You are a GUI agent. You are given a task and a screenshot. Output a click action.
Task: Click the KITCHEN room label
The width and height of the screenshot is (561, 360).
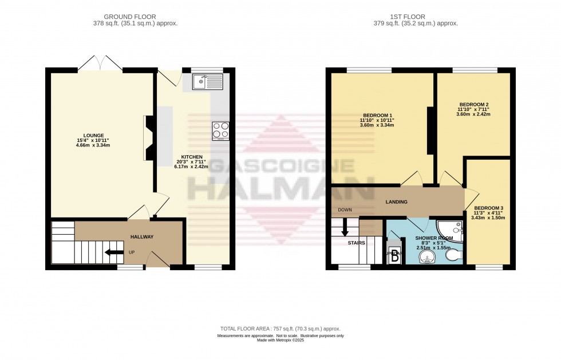(192, 156)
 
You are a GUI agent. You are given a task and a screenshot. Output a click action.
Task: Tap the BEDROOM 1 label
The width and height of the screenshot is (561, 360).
(377, 113)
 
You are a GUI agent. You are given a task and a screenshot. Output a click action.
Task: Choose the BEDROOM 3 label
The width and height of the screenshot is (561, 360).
(488, 207)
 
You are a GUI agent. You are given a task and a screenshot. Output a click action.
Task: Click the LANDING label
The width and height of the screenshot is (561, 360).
(396, 202)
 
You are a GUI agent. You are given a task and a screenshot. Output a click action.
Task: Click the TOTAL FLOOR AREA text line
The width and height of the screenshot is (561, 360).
(280, 329)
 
